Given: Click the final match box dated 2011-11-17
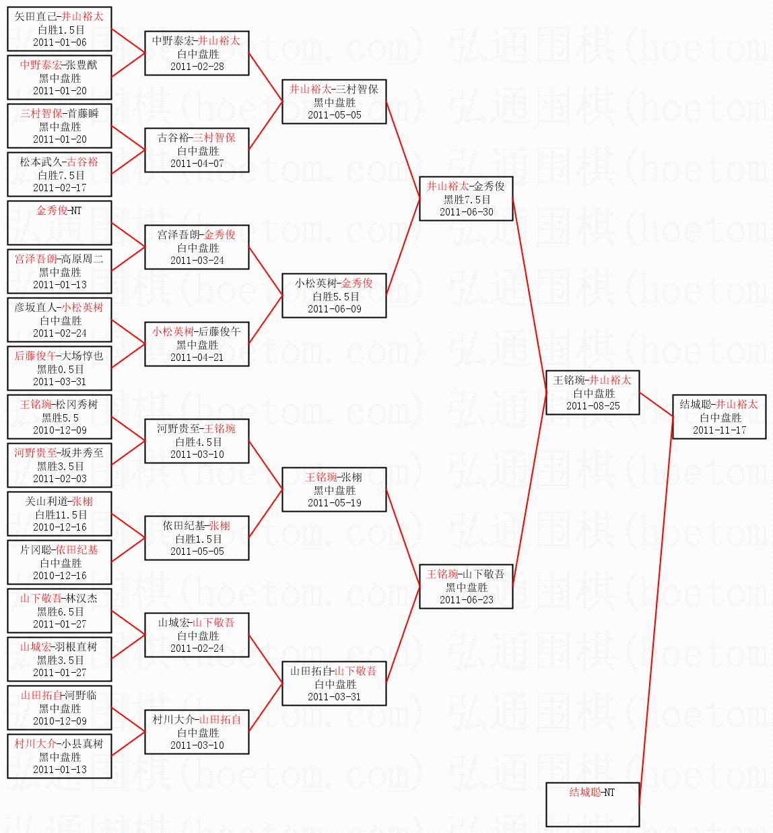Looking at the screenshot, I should click(x=719, y=417).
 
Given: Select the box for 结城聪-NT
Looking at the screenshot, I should click(x=593, y=804).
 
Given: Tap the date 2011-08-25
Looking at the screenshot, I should click(x=593, y=406).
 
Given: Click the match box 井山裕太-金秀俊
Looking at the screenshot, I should click(x=466, y=199).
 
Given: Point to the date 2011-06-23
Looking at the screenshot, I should click(x=466, y=600).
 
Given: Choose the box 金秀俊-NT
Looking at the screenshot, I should click(x=59, y=222).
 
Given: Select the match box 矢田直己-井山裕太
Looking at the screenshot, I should click(x=59, y=28).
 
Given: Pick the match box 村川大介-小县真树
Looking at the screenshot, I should click(x=59, y=756).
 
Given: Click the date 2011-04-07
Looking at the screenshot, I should click(x=197, y=164).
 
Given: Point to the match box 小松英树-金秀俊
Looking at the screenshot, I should click(x=334, y=296).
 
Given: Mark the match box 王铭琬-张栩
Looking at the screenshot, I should click(x=334, y=490).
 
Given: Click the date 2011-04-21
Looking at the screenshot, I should click(x=197, y=358).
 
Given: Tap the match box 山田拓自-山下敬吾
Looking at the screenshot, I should click(x=334, y=684).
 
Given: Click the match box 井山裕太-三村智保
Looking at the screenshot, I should click(x=334, y=102).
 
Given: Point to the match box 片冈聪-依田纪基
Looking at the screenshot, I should click(x=59, y=562).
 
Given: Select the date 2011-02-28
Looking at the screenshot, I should click(x=197, y=67).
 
